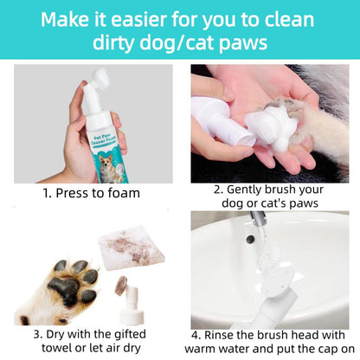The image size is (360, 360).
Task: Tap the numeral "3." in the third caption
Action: [x=39, y=333]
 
